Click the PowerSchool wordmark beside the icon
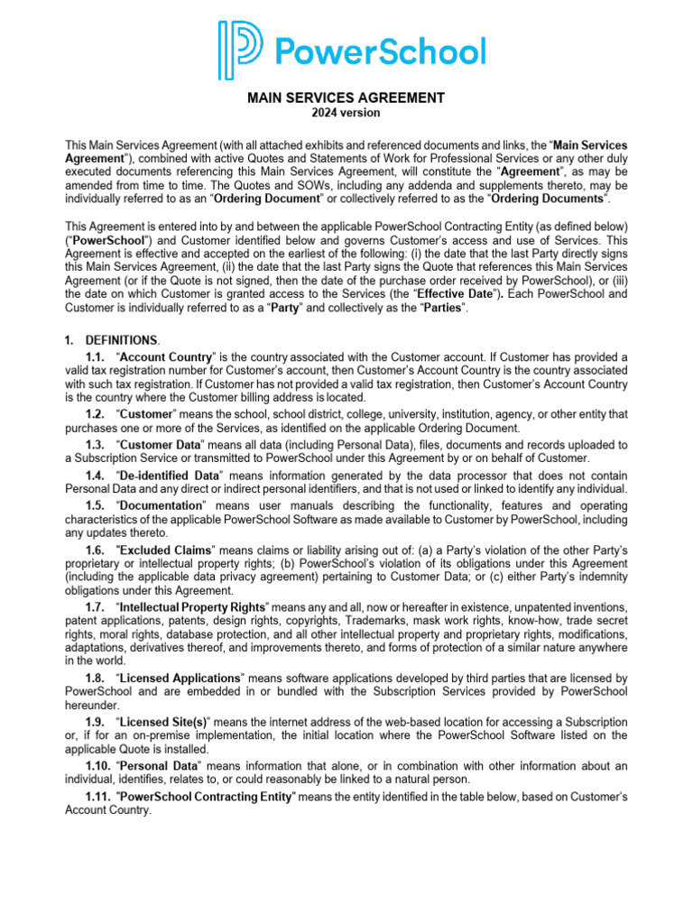[380, 51]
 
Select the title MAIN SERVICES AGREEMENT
[346, 97]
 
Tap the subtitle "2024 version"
[346, 113]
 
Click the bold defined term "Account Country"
[164, 357]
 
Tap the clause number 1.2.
[96, 413]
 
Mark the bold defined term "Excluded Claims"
[163, 550]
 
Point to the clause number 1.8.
[96, 678]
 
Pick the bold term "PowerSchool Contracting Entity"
[207, 798]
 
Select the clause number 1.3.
[96, 445]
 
